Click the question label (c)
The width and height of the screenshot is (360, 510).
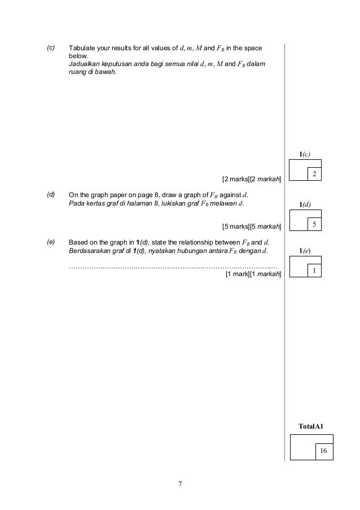click(51, 47)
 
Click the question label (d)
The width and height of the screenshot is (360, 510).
click(51, 194)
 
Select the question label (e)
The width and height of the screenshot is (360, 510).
click(51, 241)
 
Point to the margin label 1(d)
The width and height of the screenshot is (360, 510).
click(305, 204)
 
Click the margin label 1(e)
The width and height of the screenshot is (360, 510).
click(305, 251)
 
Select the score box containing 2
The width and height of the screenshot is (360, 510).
click(314, 174)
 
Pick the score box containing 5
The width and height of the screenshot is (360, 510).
click(314, 225)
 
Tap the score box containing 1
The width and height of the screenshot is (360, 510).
click(314, 272)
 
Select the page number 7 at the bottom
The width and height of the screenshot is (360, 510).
click(180, 484)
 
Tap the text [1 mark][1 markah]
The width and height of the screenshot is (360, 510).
click(253, 274)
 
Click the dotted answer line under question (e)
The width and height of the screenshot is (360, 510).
click(172, 265)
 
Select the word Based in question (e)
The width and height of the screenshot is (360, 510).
click(78, 242)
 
